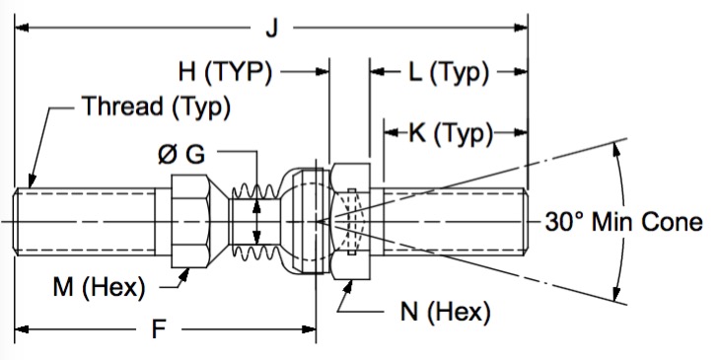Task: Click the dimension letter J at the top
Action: click(x=272, y=30)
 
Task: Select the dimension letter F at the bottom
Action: click(x=159, y=329)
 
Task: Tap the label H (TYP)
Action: click(x=225, y=72)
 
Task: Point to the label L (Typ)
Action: click(x=449, y=72)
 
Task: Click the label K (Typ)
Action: click(x=451, y=134)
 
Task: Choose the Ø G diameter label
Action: click(x=181, y=154)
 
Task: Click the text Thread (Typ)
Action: click(x=156, y=107)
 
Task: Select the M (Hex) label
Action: click(x=99, y=288)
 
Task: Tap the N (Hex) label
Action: click(x=445, y=313)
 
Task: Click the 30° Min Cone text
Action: click(x=623, y=222)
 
